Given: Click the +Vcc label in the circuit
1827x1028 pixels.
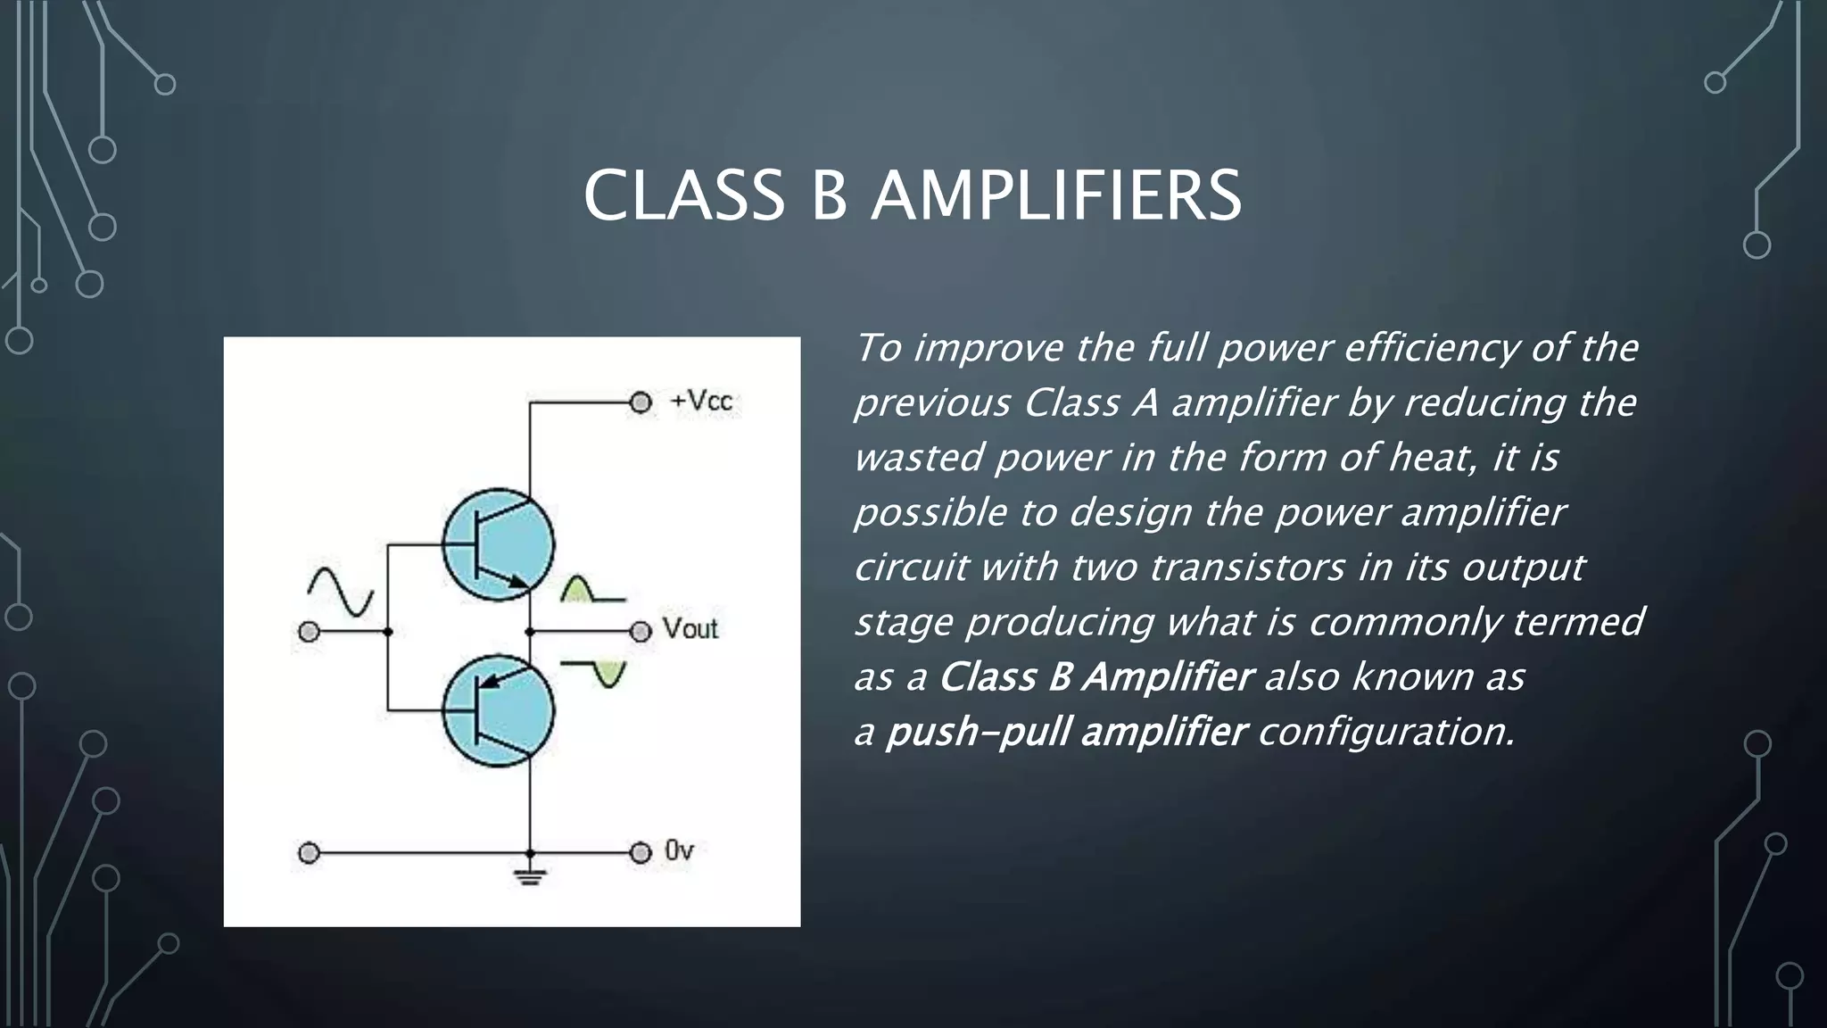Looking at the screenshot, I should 701,402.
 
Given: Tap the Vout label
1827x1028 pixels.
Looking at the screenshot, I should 690,629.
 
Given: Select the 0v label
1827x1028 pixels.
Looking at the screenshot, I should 679,851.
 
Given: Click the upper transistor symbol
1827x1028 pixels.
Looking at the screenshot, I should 498,544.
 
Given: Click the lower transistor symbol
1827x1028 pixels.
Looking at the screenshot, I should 498,710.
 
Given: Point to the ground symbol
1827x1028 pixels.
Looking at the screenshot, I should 530,875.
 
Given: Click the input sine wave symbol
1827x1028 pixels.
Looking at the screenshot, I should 340,592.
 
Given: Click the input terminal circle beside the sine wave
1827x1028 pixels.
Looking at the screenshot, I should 309,632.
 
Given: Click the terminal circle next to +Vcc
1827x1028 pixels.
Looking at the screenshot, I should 641,402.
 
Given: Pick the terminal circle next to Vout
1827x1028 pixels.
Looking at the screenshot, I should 641,632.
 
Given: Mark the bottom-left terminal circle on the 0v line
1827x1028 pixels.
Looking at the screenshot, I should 309,853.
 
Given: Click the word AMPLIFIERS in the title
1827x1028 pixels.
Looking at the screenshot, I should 1055,195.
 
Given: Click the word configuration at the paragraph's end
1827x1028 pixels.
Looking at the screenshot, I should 1385,733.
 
